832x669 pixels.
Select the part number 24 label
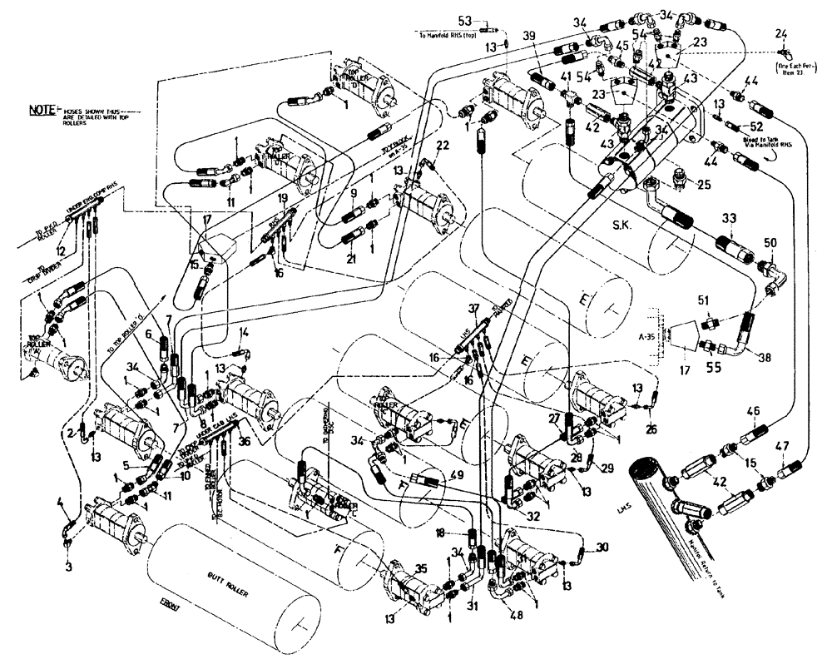(x=780, y=33)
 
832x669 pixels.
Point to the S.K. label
(x=621, y=225)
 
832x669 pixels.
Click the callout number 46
(x=753, y=409)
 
